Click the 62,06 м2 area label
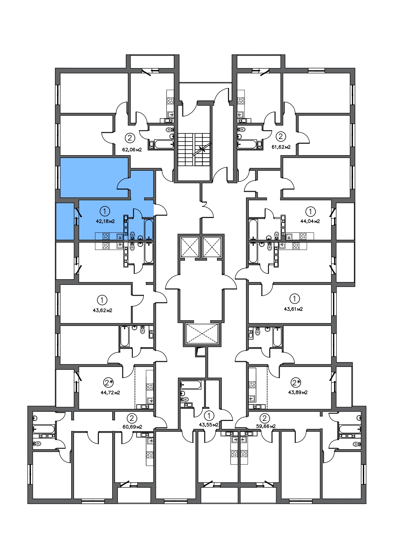click(x=132, y=149)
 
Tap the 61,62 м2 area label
click(x=281, y=147)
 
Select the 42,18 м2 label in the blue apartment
click(x=105, y=221)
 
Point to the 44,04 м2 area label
click(x=310, y=221)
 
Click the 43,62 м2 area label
click(x=102, y=310)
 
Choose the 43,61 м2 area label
click(x=293, y=309)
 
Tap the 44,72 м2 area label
click(x=110, y=393)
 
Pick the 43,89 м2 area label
click(x=298, y=392)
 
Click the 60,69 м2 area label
click(x=132, y=427)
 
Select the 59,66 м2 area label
click(x=266, y=426)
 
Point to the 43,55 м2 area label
click(x=208, y=424)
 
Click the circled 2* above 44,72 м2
click(x=108, y=382)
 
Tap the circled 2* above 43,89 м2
click(x=296, y=382)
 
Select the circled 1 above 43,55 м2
click(x=209, y=415)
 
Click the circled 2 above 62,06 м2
click(x=130, y=138)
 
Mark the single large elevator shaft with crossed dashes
click(x=202, y=334)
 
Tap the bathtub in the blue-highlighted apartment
click(x=149, y=229)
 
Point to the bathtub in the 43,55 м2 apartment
click(x=191, y=385)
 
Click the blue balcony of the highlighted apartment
click(x=65, y=221)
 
